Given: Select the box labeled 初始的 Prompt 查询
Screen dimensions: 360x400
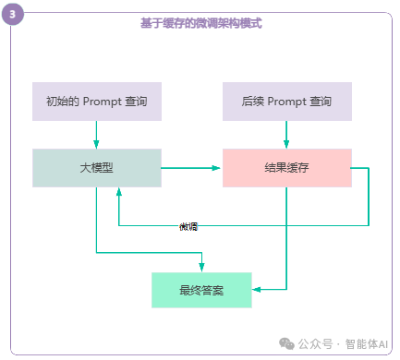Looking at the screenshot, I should (x=97, y=102).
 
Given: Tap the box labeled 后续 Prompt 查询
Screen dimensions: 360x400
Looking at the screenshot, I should (x=286, y=102).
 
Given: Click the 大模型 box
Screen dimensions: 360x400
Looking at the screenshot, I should (x=97, y=168).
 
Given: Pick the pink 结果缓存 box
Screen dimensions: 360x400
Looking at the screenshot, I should (x=286, y=168).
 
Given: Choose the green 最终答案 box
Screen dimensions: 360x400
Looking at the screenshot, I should (x=201, y=290).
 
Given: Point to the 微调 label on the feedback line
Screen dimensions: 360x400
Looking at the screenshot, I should (x=188, y=226).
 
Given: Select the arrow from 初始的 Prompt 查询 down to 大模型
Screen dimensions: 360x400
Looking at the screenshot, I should (x=97, y=135).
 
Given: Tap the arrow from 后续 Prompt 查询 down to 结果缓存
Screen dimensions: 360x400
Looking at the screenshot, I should (x=286, y=135).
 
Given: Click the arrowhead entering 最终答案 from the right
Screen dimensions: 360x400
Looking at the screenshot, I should (x=256, y=290).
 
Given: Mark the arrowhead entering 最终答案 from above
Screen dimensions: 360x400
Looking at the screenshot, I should (x=201, y=267).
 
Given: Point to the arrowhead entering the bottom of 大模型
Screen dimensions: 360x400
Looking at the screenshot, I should (x=118, y=192).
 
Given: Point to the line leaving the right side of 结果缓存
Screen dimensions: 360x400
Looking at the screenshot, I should (x=362, y=168).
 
